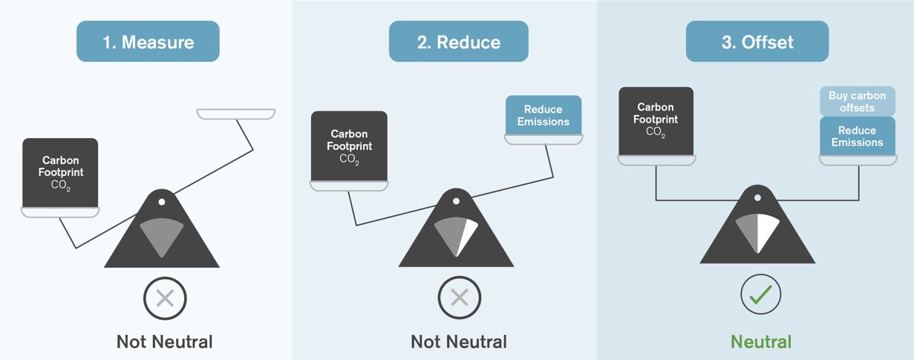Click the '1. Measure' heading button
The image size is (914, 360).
pos(148,42)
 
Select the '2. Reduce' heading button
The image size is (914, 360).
pos(458,42)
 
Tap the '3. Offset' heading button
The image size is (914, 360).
pos(757,42)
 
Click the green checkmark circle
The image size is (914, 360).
pos(761,295)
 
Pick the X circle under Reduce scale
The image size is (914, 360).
pos(460,298)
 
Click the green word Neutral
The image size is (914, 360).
pos(761,341)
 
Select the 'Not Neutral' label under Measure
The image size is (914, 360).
pos(165,341)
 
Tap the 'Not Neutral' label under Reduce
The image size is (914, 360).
pos(459,341)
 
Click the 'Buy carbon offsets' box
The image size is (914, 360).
pos(857,102)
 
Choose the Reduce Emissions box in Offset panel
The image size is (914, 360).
pos(857,136)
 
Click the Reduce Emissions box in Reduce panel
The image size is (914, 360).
pos(543,115)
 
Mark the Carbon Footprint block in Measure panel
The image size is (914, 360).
pos(61,172)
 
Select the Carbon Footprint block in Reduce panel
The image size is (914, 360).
pos(349,145)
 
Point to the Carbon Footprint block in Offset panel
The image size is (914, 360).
pos(656,121)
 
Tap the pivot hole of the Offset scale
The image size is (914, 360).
pos(757,198)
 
